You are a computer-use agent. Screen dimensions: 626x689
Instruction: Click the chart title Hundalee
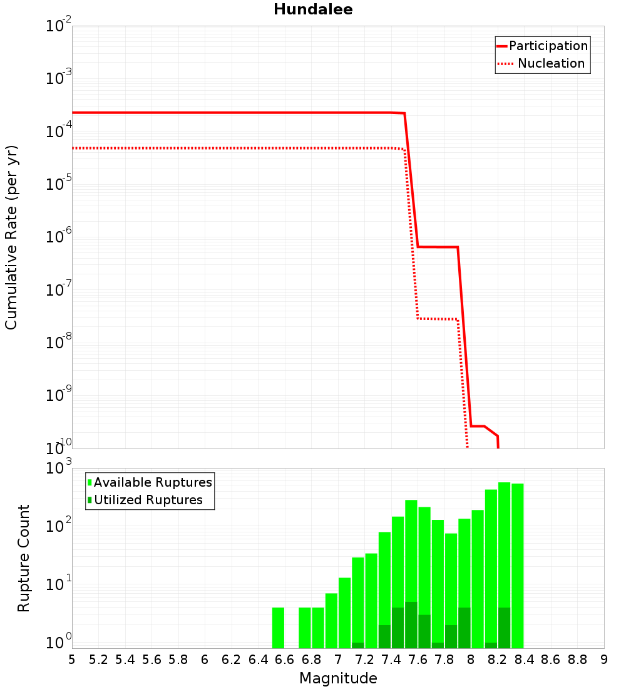[313, 9]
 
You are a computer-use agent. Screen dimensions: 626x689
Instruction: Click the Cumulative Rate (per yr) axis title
[11, 237]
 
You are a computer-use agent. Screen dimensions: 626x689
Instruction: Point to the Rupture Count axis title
[23, 558]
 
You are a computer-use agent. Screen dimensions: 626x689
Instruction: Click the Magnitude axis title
[338, 678]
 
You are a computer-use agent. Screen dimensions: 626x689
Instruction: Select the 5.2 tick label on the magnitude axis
[98, 660]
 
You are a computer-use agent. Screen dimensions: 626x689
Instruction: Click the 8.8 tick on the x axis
[577, 660]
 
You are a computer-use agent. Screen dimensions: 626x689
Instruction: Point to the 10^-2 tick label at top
[58, 24]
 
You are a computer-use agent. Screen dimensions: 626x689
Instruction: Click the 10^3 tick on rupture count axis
[58, 467]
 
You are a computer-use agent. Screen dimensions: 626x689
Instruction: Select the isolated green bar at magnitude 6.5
[278, 628]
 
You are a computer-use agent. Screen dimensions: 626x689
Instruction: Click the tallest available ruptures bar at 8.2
[505, 565]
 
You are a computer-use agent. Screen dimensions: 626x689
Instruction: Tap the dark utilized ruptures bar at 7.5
[411, 625]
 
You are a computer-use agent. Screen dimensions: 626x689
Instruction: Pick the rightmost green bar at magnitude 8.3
[518, 566]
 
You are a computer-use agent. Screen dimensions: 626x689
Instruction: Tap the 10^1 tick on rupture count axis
[58, 584]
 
